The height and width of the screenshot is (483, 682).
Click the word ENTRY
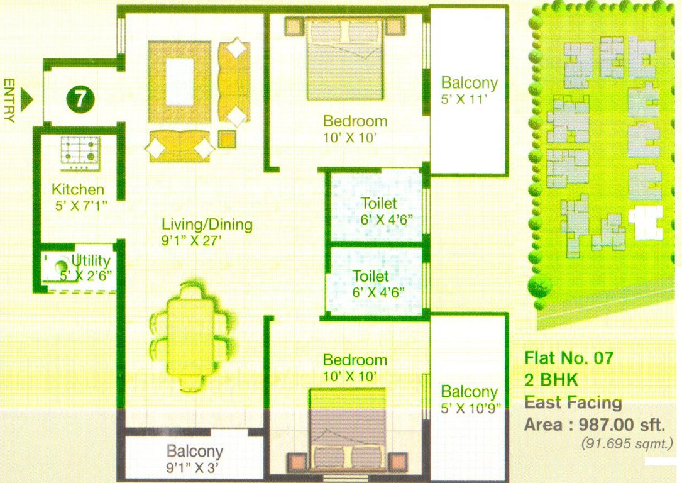[9, 100]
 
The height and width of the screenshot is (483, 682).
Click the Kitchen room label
[78, 189]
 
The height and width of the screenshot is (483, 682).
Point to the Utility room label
[91, 260]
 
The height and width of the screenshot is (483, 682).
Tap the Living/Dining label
[207, 224]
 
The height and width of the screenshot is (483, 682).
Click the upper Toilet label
[379, 203]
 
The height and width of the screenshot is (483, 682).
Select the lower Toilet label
[371, 276]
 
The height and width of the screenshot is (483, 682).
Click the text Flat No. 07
[568, 359]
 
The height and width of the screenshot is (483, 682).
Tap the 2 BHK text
[551, 380]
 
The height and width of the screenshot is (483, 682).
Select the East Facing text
[573, 402]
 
